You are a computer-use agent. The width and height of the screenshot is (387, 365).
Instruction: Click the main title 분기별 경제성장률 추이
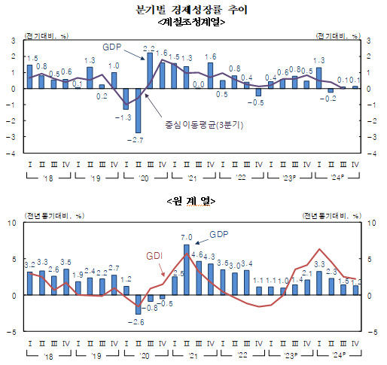click(x=193, y=9)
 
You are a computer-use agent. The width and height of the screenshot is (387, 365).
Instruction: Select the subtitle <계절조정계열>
click(x=193, y=22)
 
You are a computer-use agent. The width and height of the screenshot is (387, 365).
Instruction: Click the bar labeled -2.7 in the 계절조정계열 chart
click(x=138, y=110)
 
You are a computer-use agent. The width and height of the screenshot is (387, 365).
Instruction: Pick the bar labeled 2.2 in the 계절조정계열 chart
click(x=150, y=71)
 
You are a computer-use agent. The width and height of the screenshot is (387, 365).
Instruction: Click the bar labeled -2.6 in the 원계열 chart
click(x=138, y=304)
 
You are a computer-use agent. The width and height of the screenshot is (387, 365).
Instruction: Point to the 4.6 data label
click(x=198, y=255)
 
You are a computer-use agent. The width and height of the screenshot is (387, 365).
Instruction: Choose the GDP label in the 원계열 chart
click(x=218, y=234)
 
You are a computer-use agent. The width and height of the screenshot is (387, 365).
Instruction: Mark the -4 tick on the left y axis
click(x=14, y=152)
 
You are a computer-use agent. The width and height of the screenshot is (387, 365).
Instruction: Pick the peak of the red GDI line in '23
click(x=319, y=249)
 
